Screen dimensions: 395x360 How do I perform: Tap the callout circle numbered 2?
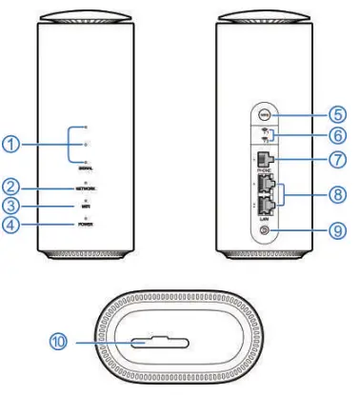10,185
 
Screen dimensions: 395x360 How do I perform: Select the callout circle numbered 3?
10,204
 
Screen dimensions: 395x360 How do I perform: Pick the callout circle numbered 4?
10,225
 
